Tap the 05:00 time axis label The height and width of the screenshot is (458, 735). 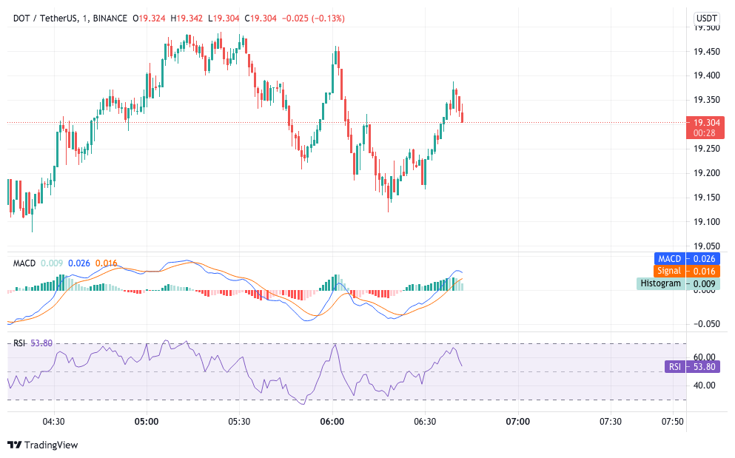(147, 422)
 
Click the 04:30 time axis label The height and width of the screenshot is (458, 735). (54, 422)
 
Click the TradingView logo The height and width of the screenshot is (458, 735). (43, 445)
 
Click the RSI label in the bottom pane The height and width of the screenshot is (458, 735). (20, 343)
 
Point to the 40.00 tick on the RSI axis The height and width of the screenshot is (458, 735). (704, 385)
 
